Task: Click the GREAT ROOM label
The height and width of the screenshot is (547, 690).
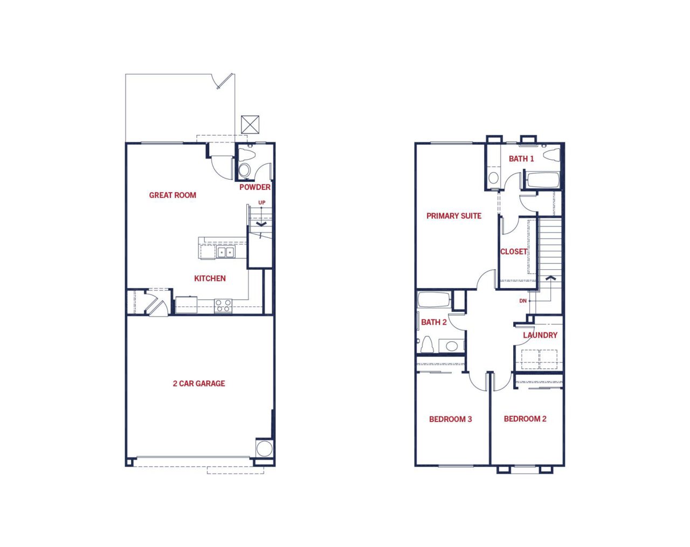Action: coord(172,195)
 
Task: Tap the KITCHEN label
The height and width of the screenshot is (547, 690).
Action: coord(210,278)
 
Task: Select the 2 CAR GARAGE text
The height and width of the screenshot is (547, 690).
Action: coord(199,384)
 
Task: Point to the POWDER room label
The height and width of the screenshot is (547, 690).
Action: coord(255,187)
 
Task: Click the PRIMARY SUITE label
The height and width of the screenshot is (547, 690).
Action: coord(454,216)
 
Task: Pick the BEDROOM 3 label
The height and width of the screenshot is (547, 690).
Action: coord(451,419)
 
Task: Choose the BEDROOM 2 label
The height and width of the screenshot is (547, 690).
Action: coord(525,419)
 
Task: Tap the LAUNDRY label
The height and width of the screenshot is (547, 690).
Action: coord(540,335)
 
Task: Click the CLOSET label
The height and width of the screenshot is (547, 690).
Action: coord(514,251)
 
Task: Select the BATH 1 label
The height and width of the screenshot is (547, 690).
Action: coord(521,159)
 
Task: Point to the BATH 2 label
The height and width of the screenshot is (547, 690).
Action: coord(434,322)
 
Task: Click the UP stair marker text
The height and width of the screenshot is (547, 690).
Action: coord(261,202)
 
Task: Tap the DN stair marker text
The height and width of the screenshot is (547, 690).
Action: coord(523,300)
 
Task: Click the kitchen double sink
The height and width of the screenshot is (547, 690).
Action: coord(226,252)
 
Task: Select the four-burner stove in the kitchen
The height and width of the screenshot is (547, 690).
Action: coord(223,306)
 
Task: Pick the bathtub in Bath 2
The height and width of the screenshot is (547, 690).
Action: coord(434,299)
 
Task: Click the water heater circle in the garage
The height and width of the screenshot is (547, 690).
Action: coord(265,448)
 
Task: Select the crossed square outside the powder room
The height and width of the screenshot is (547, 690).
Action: coord(250,125)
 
